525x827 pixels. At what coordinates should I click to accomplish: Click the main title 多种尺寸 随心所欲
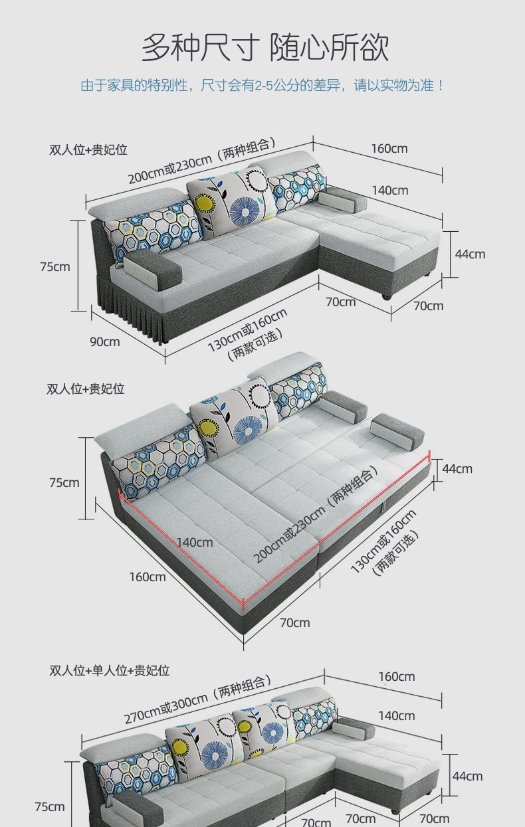pyautogui.click(x=265, y=48)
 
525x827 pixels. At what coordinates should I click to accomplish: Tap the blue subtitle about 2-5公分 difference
pyautogui.click(x=262, y=86)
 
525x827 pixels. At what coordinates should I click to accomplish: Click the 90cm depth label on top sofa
pyautogui.click(x=105, y=342)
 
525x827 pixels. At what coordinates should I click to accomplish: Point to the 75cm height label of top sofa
pyautogui.click(x=55, y=266)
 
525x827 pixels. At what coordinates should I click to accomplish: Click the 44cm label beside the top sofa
pyautogui.click(x=470, y=254)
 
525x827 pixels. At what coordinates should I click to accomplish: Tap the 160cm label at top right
pyautogui.click(x=389, y=148)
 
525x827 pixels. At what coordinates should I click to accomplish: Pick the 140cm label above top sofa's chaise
pyautogui.click(x=390, y=191)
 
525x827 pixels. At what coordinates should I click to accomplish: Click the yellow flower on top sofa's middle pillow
pyautogui.click(x=207, y=203)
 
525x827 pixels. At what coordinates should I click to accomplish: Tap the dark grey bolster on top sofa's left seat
pyautogui.click(x=153, y=270)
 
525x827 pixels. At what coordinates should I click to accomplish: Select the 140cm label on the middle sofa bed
pyautogui.click(x=195, y=542)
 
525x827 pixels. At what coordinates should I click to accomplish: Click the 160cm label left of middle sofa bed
pyautogui.click(x=148, y=577)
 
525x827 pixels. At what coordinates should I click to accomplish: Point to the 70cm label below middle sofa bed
pyautogui.click(x=295, y=623)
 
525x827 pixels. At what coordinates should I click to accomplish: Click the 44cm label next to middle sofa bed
pyautogui.click(x=457, y=469)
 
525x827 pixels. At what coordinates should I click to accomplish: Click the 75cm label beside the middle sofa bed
pyautogui.click(x=64, y=482)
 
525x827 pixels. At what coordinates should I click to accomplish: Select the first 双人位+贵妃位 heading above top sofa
pyautogui.click(x=88, y=149)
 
